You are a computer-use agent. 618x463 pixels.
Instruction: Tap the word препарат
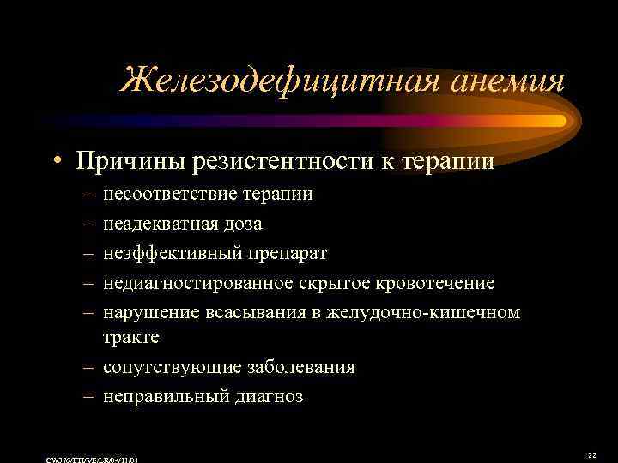284,253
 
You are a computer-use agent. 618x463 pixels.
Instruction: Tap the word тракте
130,337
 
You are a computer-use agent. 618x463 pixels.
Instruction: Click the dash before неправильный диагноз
88,396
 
